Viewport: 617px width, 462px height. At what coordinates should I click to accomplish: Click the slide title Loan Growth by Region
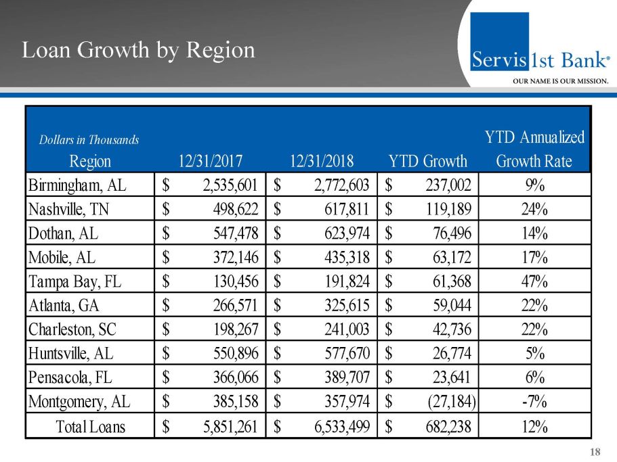(x=138, y=50)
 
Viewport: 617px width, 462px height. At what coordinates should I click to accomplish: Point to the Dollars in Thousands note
(x=89, y=140)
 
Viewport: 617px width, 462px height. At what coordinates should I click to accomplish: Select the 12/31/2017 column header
(x=210, y=161)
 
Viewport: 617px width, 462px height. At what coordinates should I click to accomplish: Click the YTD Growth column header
(x=428, y=161)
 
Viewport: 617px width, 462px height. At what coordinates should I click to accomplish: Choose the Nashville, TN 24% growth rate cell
(x=534, y=209)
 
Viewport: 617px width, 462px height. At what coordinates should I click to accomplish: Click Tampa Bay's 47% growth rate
(x=534, y=281)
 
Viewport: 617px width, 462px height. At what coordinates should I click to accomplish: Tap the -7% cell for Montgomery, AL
(x=534, y=402)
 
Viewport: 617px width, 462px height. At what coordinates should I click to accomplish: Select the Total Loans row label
(x=91, y=426)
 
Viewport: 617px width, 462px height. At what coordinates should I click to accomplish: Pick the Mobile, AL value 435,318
(x=340, y=257)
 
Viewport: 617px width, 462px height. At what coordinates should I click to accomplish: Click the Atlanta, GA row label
(x=64, y=305)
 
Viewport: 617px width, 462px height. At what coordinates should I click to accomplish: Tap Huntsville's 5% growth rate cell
(x=534, y=353)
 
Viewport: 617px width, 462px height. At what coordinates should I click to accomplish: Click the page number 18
(x=596, y=452)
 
